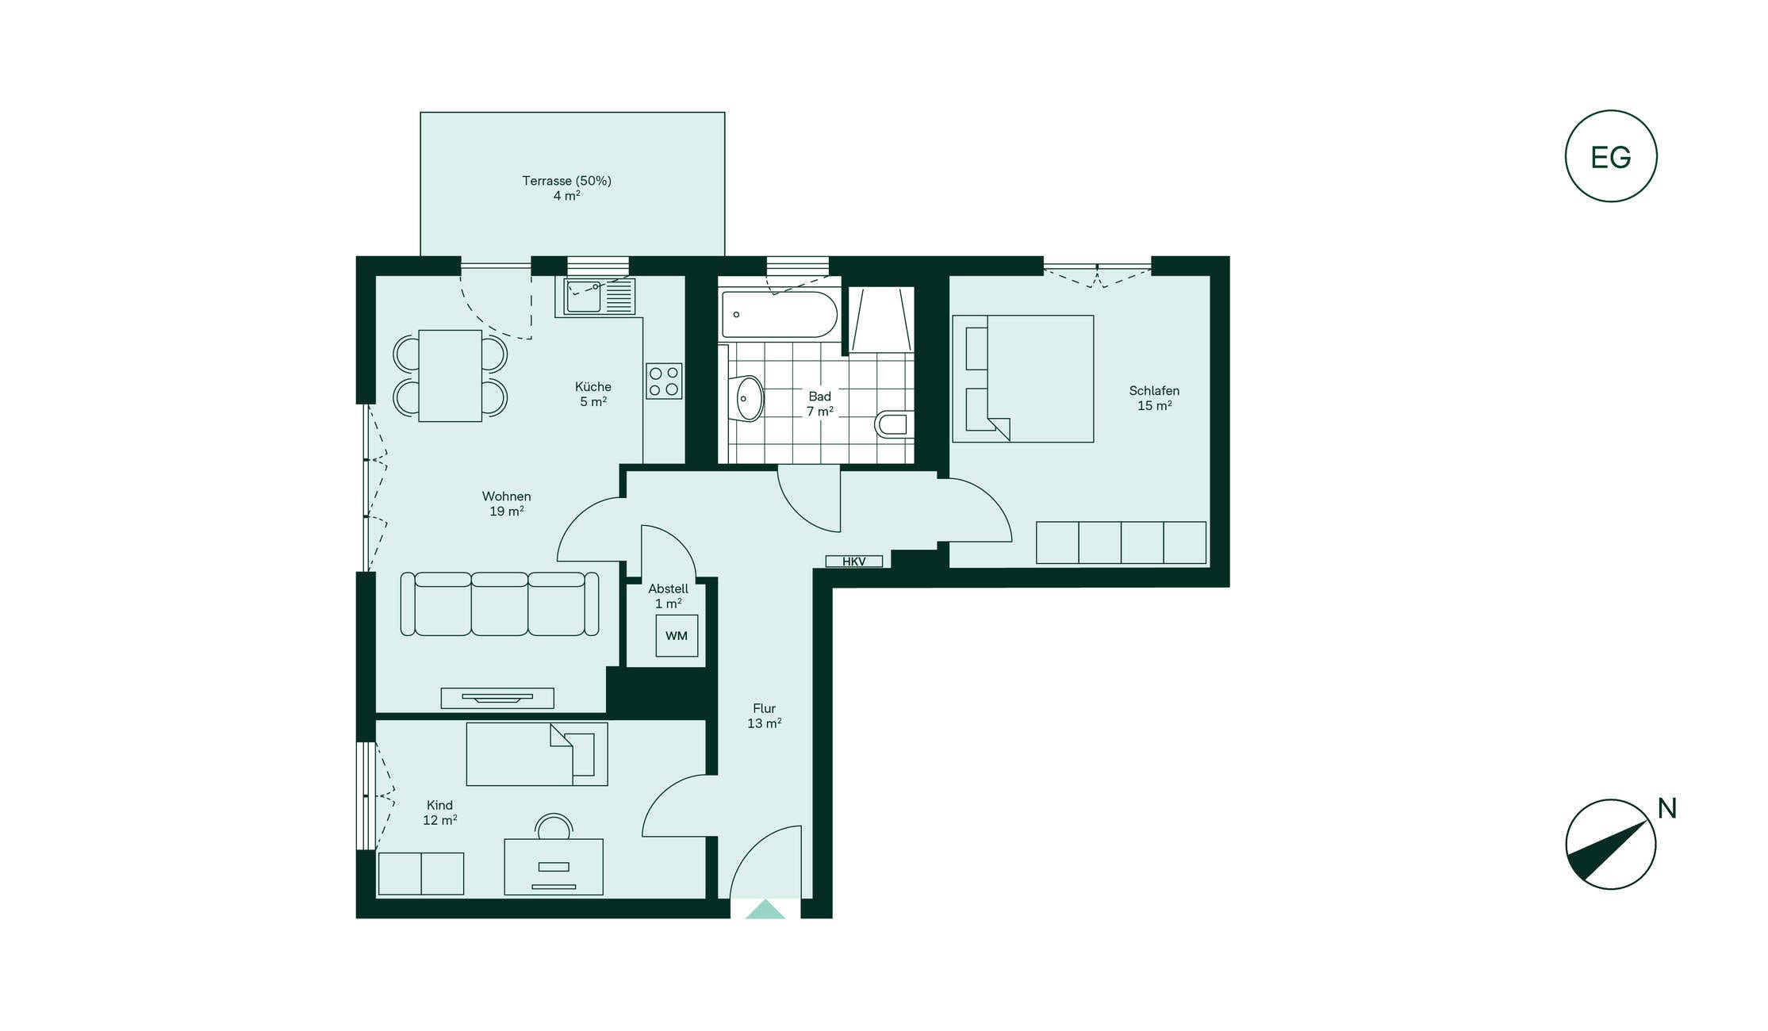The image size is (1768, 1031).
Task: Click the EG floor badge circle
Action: [1610, 111]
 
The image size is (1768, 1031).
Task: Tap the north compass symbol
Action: [1610, 844]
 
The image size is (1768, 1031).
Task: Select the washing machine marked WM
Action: [677, 635]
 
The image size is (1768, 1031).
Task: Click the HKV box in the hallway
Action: [853, 561]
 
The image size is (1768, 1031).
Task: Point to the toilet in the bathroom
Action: [894, 424]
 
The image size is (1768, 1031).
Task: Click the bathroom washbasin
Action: [746, 398]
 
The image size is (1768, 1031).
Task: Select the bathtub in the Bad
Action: [778, 315]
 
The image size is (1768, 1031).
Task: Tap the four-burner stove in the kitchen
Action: [664, 381]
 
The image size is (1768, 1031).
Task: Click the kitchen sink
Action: [600, 297]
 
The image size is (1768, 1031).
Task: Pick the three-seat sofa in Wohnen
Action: [500, 604]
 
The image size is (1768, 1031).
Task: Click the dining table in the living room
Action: [450, 375]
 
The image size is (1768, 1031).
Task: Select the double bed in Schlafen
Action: [1023, 378]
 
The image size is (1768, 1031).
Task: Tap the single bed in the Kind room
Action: [537, 753]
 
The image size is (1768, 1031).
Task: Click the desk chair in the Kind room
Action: [554, 826]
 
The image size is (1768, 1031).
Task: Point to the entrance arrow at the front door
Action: [765, 910]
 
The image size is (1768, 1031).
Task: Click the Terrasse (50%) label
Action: [566, 181]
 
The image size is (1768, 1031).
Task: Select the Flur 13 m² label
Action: [764, 715]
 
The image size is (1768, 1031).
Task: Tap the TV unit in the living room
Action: [497, 698]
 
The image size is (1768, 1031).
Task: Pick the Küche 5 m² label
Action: [593, 394]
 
